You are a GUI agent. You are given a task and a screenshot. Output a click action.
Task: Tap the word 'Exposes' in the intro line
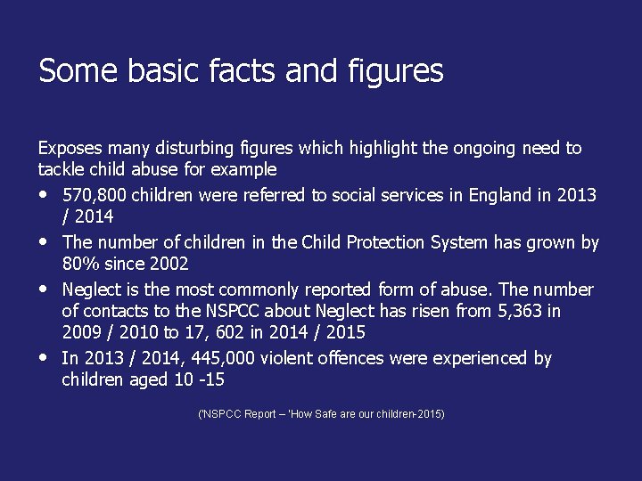pyautogui.click(x=70, y=148)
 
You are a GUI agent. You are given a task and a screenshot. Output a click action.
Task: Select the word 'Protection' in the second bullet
pyautogui.click(x=386, y=242)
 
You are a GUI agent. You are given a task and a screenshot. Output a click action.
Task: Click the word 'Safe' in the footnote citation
pyautogui.click(x=325, y=414)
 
